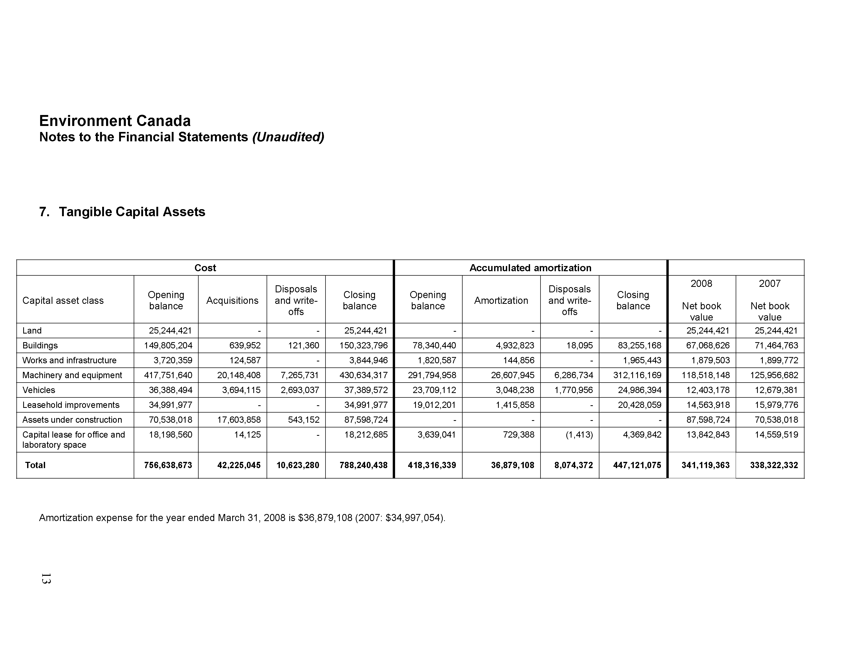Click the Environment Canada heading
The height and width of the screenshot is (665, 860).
[115, 120]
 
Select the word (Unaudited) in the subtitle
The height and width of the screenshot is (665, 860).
[288, 137]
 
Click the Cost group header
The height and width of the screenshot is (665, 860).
[205, 268]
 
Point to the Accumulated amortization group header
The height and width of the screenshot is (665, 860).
[530, 268]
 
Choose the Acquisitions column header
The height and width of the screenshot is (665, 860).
[232, 301]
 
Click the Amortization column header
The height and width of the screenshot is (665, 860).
[501, 301]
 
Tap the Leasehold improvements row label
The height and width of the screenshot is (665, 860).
[71, 405]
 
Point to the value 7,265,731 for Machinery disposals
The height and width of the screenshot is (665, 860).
[302, 375]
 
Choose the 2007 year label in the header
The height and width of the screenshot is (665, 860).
[769, 284]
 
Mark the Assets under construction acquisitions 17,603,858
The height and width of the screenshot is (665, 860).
[239, 420]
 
